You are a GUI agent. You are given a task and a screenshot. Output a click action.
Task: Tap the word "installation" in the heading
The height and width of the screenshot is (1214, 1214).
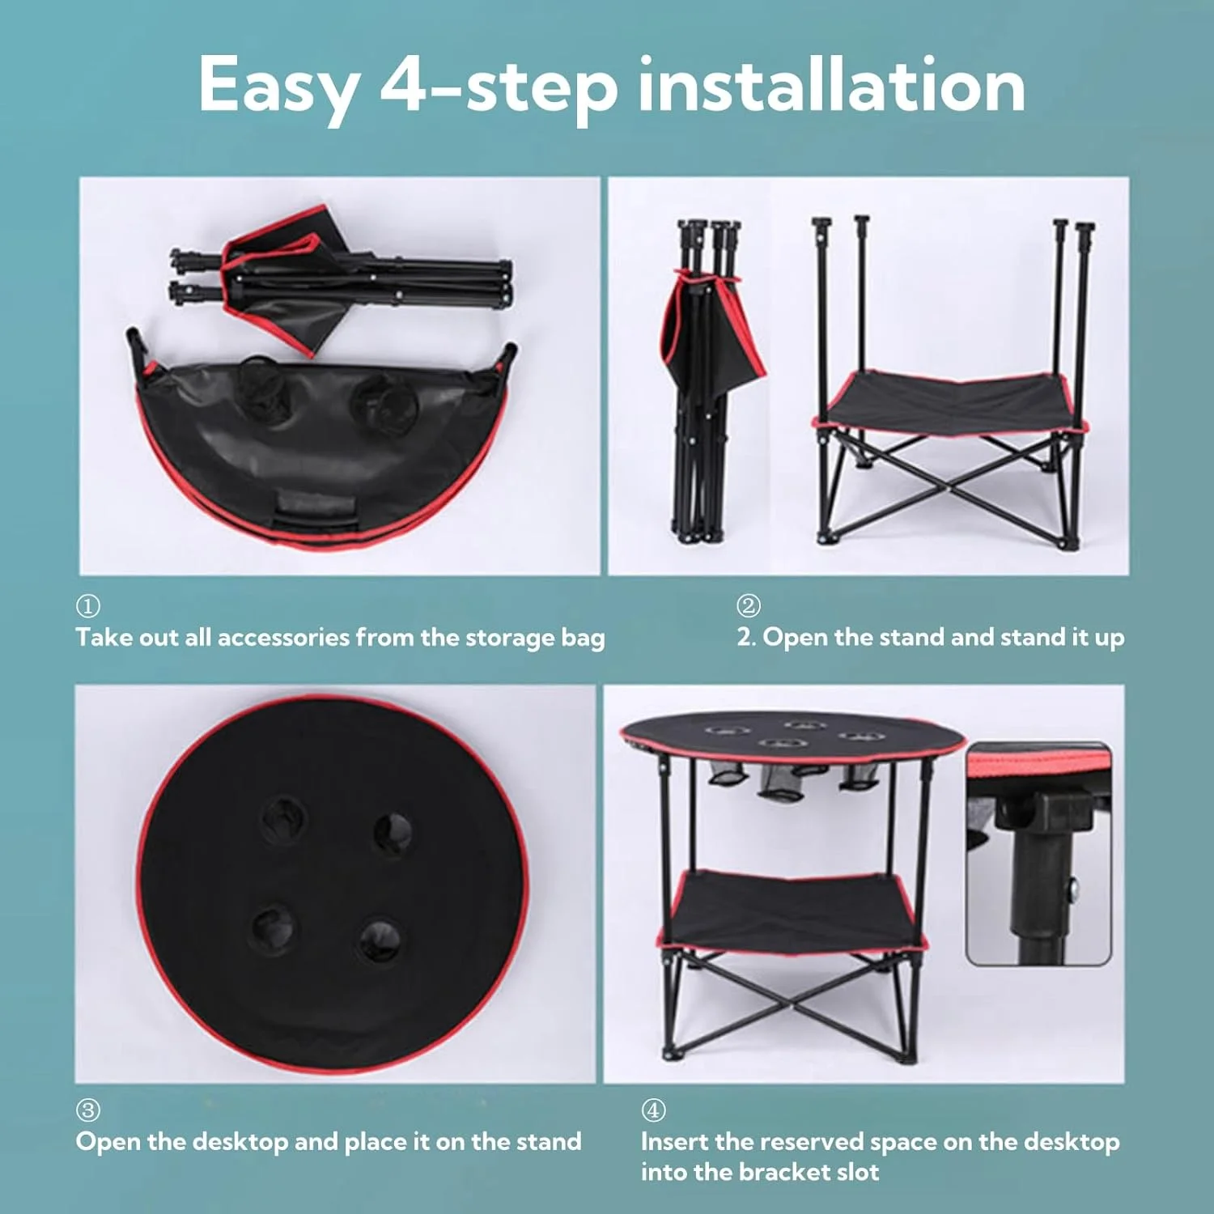tap(832, 84)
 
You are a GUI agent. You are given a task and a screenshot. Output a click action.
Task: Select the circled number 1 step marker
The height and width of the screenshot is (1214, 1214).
tap(87, 605)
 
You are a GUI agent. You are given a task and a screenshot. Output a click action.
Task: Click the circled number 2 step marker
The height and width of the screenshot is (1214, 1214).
tap(749, 605)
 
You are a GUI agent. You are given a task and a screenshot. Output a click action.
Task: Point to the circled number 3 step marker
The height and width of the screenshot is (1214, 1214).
tap(87, 1110)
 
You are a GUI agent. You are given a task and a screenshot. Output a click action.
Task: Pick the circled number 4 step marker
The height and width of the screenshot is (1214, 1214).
tap(653, 1110)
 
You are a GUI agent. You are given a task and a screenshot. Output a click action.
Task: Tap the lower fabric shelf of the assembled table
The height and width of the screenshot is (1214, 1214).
tap(792, 910)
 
